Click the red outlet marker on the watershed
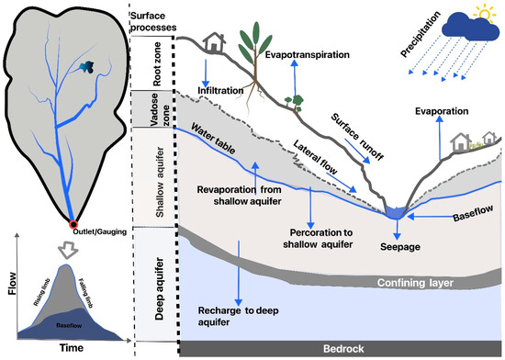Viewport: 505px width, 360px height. (x=73, y=223)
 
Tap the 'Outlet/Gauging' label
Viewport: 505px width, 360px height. (x=98, y=232)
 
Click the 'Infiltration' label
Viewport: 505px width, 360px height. (x=222, y=92)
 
